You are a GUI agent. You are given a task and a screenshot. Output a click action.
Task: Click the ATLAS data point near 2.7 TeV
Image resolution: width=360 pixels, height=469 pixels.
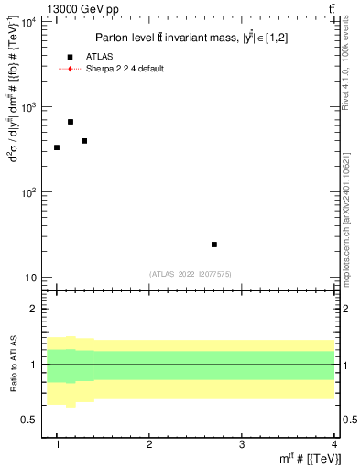214,245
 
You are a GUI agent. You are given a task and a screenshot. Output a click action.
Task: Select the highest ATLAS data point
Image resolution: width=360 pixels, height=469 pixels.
71,122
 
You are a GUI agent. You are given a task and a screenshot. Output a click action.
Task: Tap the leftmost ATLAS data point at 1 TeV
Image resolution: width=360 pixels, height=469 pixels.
57,147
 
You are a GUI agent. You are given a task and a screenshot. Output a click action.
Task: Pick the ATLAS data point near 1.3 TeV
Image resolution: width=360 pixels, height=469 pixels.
84,141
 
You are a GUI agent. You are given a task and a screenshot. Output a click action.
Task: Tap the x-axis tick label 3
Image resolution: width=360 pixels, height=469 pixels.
242,444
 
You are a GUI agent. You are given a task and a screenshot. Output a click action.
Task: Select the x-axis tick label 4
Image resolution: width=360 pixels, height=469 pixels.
333,444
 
